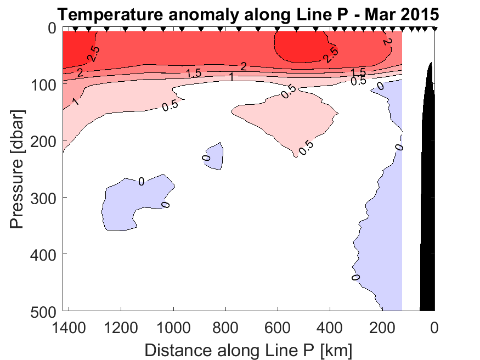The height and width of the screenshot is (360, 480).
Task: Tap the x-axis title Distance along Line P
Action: [x=248, y=349]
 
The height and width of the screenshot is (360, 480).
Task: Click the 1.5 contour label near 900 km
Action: [x=194, y=73]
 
